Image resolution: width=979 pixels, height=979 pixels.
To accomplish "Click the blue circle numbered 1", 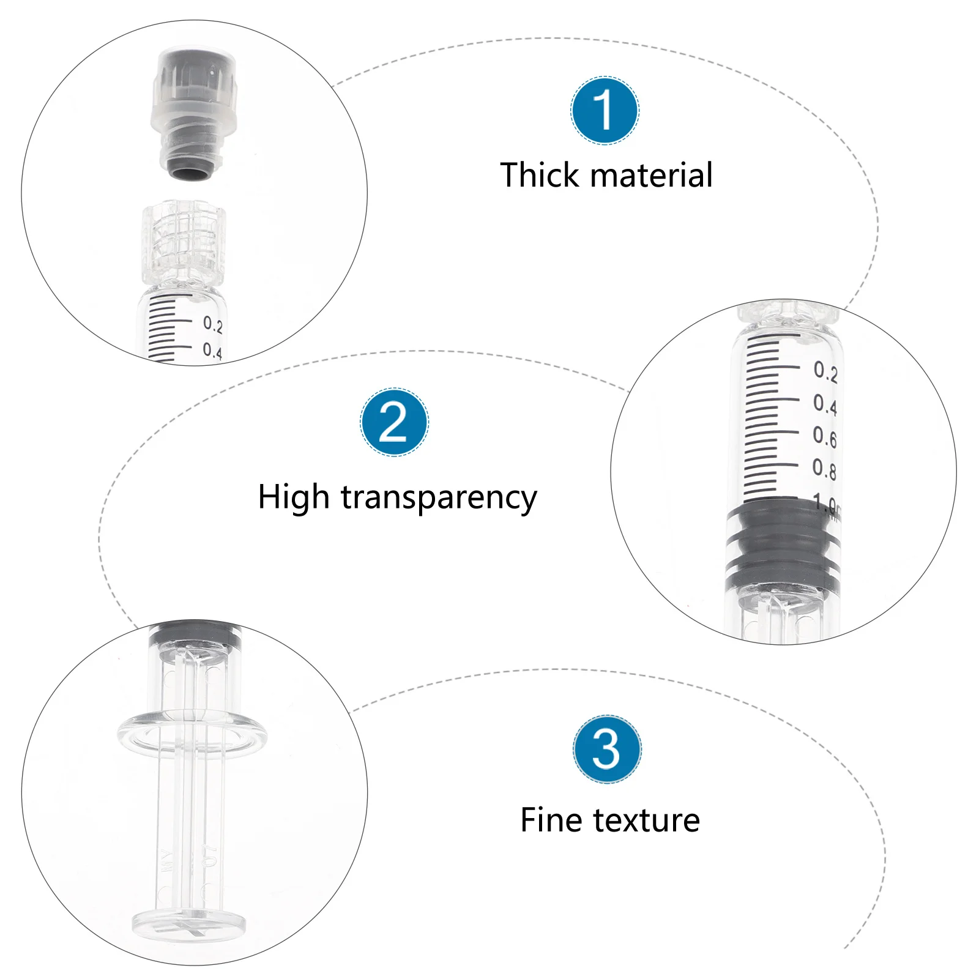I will coord(605,111).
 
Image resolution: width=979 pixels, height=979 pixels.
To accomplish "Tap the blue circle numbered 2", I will coord(394,422).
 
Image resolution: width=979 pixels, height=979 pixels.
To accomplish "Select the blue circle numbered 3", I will coord(607,749).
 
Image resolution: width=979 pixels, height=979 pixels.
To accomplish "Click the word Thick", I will coord(539,175).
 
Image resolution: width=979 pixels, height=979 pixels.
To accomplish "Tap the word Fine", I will coord(548,820).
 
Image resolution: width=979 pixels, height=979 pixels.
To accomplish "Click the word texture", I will coord(646,821).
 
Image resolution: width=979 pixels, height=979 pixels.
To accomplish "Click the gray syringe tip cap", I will coord(193,113).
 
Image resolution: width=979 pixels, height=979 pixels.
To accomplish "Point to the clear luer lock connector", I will coord(184,244).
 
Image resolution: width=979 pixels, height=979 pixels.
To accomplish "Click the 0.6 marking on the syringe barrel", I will coord(824,436).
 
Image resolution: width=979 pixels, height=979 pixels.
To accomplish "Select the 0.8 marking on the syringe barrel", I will coord(824,469).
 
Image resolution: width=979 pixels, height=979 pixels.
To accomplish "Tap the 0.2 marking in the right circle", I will coord(825,371).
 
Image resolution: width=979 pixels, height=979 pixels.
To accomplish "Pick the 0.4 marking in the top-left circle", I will coord(212,351).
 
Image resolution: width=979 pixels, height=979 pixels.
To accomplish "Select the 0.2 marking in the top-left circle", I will coord(212,324).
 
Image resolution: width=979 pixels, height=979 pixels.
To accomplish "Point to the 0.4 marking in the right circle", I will coord(824,404).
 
